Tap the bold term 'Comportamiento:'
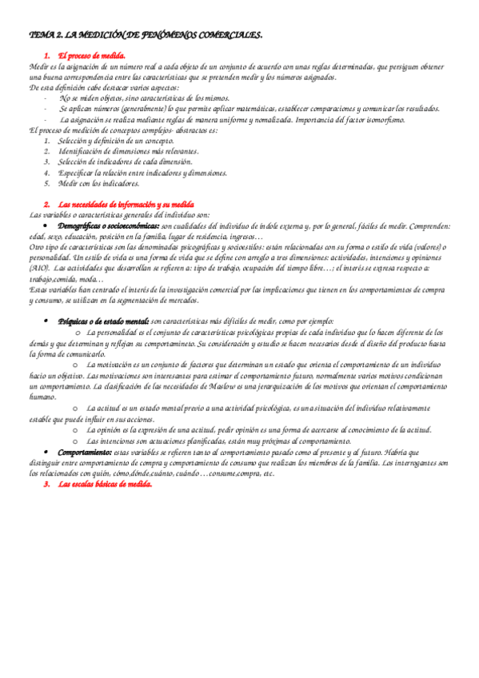[84, 452]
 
